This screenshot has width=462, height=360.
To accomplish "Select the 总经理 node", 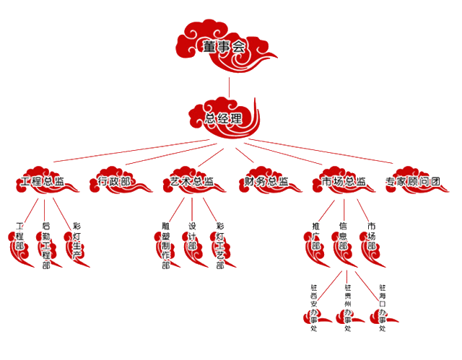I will point(223,118).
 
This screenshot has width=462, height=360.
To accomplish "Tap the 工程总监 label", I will point(43,182).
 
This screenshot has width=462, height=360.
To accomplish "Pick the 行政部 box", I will point(115,182).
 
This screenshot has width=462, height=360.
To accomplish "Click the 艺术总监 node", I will point(192,182).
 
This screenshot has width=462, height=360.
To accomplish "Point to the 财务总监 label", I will point(266,182).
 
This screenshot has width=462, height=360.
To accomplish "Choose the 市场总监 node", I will point(344,182).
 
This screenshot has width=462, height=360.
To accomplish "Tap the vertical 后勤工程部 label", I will point(46,246).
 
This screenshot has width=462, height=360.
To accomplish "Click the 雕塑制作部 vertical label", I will point(166,246).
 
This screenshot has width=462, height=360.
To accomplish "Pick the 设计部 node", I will point(193,237).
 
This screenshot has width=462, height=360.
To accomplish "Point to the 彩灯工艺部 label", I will point(220,246).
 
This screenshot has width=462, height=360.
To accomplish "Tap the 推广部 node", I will point(315,237).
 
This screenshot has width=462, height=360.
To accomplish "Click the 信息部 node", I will point(343,237).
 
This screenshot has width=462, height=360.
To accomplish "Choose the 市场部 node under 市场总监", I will point(372,237).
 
